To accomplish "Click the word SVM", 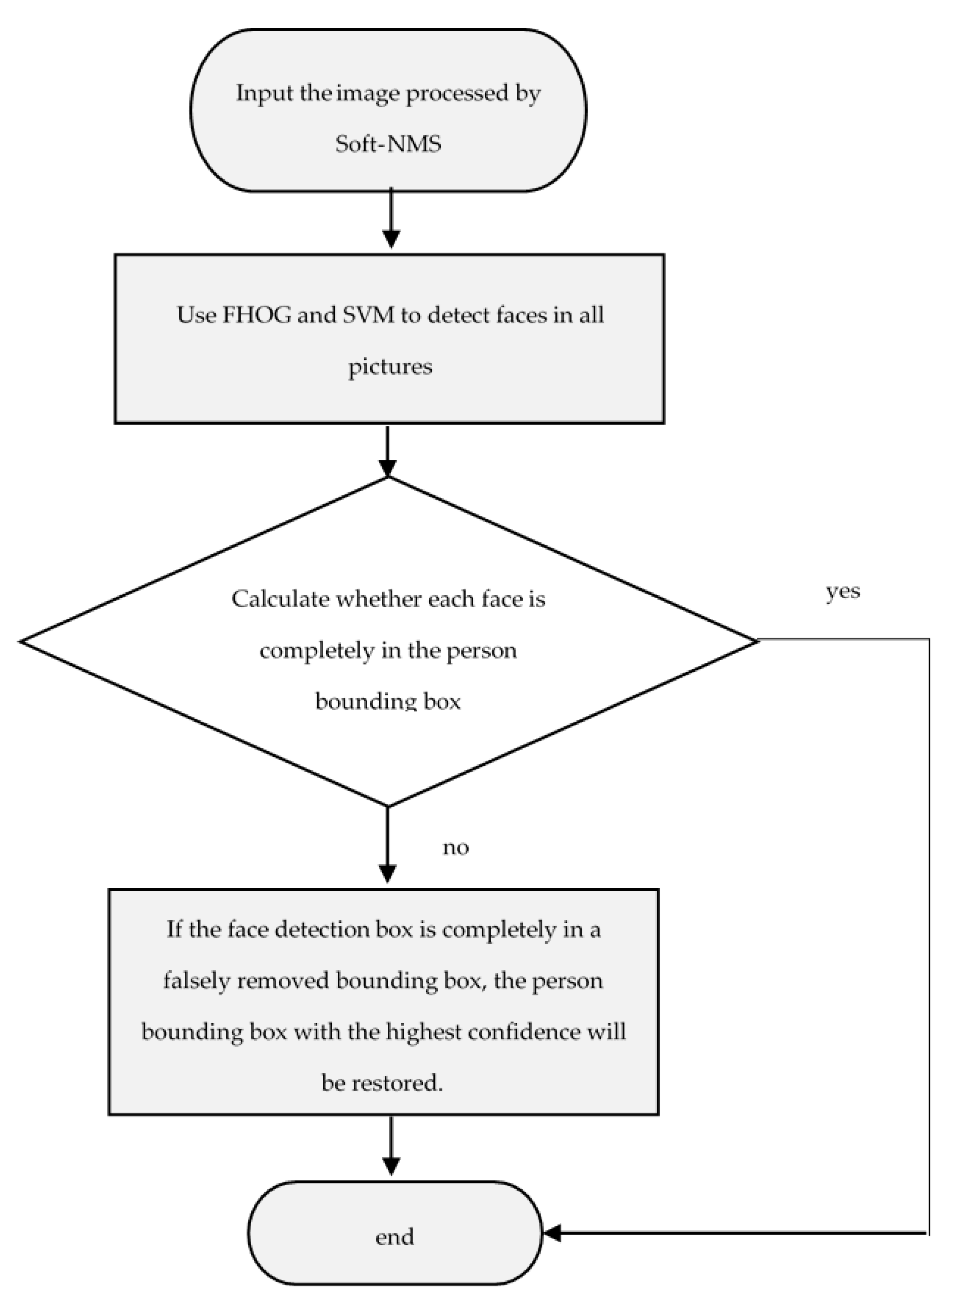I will pyautogui.click(x=368, y=315).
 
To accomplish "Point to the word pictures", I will pyautogui.click(x=390, y=367).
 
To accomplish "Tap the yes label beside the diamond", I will pyautogui.click(x=843, y=592).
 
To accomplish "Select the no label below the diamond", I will pyautogui.click(x=456, y=847).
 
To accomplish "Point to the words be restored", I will pyautogui.click(x=382, y=1083).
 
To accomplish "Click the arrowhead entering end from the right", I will pyautogui.click(x=553, y=1233).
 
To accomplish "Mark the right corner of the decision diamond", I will pyautogui.click(x=757, y=641).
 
